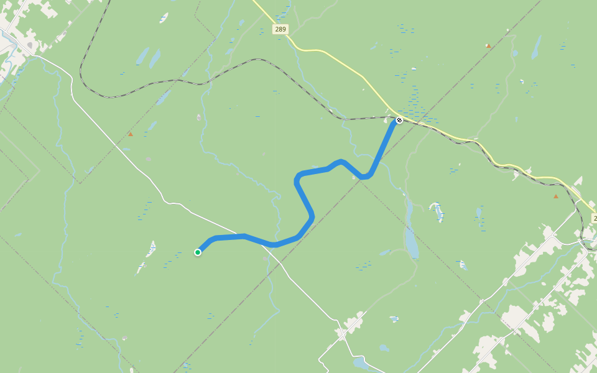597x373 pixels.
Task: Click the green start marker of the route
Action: (198, 252)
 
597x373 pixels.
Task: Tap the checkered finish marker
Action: (399, 120)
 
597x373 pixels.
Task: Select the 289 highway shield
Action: (280, 29)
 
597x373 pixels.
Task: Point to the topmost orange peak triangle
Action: (488, 45)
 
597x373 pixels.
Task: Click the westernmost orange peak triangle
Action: (130, 134)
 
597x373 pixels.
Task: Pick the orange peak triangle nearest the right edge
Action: (555, 196)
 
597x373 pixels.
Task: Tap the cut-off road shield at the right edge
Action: (594, 218)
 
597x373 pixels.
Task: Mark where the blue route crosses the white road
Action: (272, 244)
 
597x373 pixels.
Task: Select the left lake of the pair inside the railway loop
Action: (142, 57)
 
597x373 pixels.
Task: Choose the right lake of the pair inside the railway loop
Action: (154, 58)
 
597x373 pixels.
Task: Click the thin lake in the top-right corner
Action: (535, 47)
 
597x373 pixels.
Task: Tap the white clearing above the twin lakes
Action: (164, 17)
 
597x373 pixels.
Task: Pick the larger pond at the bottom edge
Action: (359, 362)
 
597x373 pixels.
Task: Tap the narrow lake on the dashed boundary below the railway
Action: (164, 98)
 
